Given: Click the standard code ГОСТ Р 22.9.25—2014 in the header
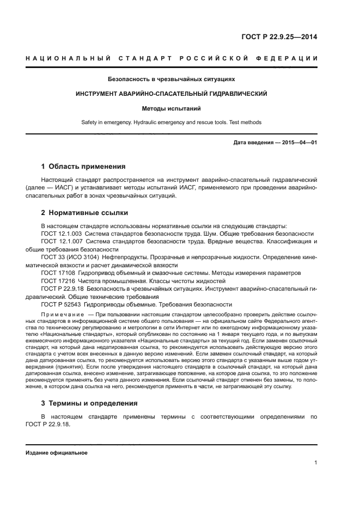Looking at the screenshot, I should (x=279, y=37).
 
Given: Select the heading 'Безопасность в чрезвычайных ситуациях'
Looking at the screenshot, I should (x=171, y=79).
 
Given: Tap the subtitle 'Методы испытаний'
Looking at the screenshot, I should (x=171, y=108).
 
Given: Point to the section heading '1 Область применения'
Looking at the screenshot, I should (x=83, y=167).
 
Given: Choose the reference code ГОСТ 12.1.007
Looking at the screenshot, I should (x=61, y=241).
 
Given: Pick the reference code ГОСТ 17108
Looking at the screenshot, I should (x=58, y=273).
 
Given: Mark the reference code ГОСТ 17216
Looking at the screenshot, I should (x=58, y=281).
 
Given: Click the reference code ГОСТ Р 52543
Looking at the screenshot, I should (x=60, y=305).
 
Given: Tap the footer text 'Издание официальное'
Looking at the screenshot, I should (x=57, y=453).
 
